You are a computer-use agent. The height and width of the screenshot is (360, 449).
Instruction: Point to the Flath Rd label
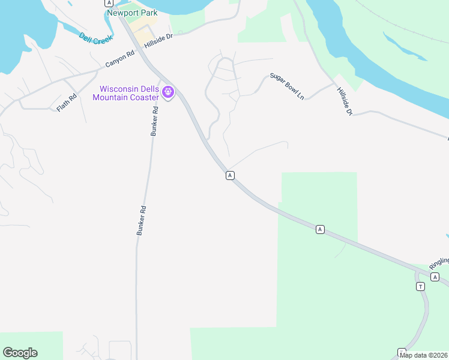[x=67, y=103]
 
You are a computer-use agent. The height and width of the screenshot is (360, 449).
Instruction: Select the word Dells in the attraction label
[x=149, y=88]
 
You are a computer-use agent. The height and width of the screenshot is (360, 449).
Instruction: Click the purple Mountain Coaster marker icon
[x=168, y=92]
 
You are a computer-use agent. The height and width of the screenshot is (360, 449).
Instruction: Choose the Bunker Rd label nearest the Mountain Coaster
[x=154, y=121]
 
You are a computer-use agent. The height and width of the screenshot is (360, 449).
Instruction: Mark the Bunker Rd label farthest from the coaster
[x=142, y=220]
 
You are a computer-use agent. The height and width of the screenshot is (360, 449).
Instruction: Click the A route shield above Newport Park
[x=109, y=3]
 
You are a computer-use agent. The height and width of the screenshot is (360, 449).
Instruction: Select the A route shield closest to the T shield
[x=436, y=277]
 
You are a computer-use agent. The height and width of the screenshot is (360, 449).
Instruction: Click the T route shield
[x=420, y=286]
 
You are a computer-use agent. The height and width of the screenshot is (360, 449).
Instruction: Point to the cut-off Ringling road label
[x=439, y=262]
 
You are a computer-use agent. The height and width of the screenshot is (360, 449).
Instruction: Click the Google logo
[x=20, y=353]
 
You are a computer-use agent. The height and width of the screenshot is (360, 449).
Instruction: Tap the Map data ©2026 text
[x=424, y=355]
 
